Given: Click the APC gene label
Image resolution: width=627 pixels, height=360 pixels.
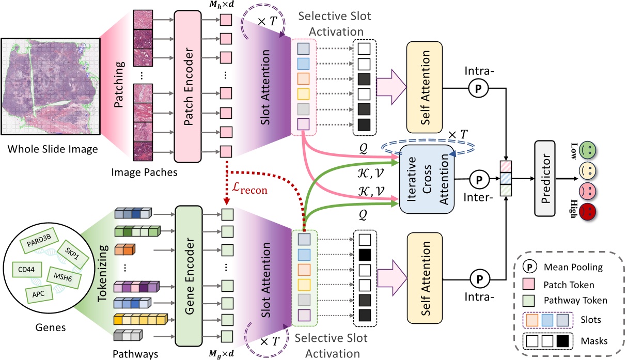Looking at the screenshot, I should coord(39,295).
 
